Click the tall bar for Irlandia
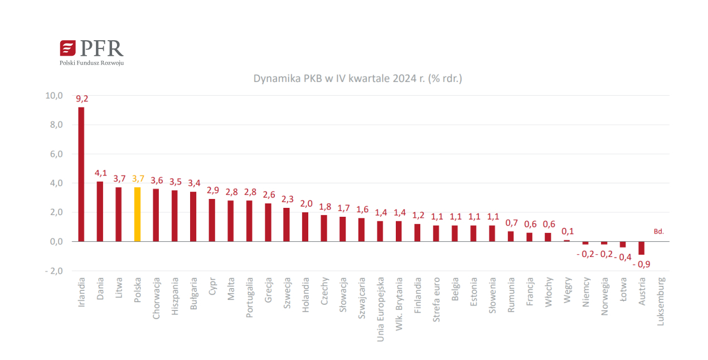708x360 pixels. click(x=81, y=174)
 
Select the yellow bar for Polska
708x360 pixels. click(x=137, y=214)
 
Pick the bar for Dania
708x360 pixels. click(x=100, y=211)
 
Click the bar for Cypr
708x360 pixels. click(x=212, y=220)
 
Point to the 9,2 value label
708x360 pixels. click(x=82, y=99)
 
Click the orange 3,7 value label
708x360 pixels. click(x=138, y=178)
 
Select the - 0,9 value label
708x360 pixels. click(x=641, y=264)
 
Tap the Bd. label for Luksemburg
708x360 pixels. click(x=659, y=231)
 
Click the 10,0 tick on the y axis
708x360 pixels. click(x=54, y=96)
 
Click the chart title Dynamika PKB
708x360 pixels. click(x=357, y=79)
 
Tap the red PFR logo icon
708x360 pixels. click(x=67, y=48)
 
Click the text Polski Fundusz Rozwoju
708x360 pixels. click(x=91, y=63)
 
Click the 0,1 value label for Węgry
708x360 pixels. click(x=568, y=231)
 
